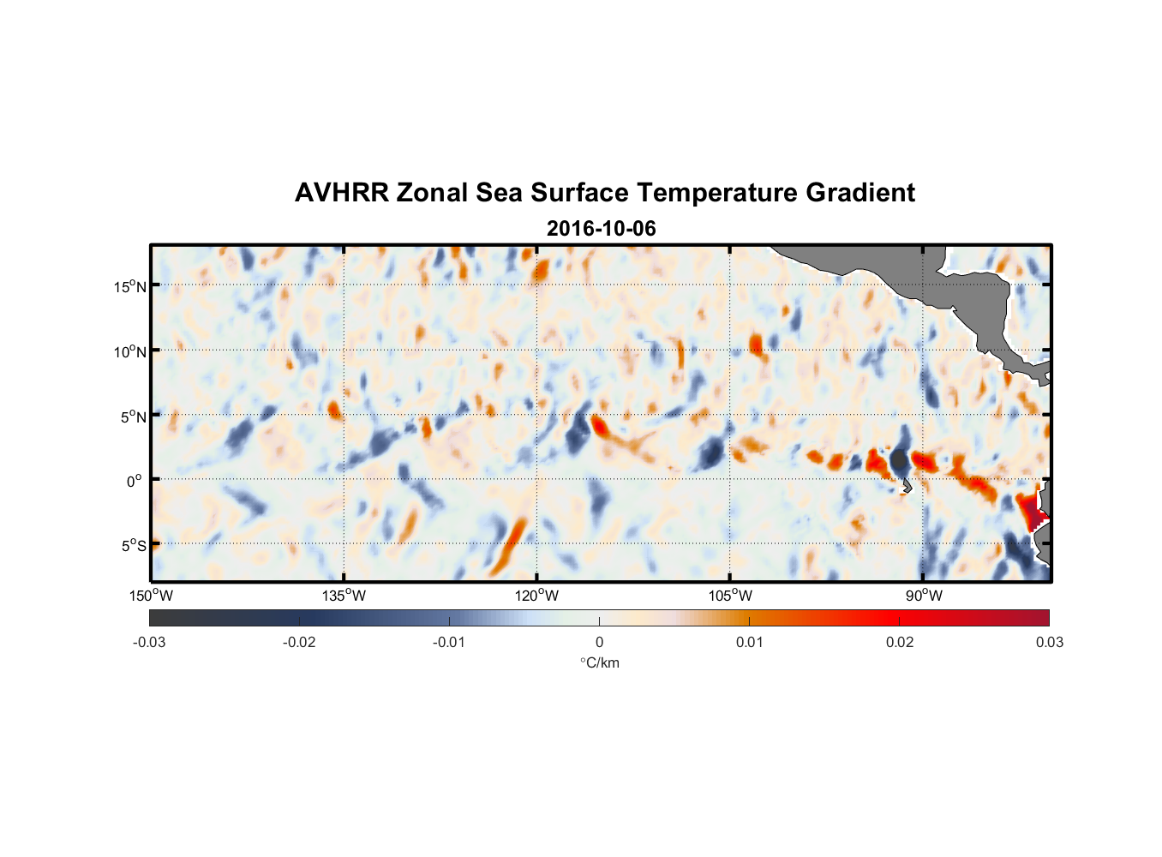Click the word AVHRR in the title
pyautogui.click(x=341, y=193)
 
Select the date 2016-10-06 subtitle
pyautogui.click(x=601, y=229)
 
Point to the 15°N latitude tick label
pyautogui.click(x=129, y=286)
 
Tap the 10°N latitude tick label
pyautogui.click(x=129, y=351)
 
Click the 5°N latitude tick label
pyautogui.click(x=133, y=417)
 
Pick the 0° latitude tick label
pyautogui.click(x=134, y=481)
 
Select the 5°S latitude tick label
pyautogui.click(x=133, y=546)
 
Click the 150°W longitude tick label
pyautogui.click(x=151, y=596)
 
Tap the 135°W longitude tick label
pyautogui.click(x=344, y=596)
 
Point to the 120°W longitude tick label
pyautogui.click(x=536, y=596)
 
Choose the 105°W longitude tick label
pyautogui.click(x=730, y=596)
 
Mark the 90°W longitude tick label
pyautogui.click(x=924, y=596)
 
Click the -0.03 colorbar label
pyautogui.click(x=149, y=642)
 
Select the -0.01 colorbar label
pyautogui.click(x=449, y=642)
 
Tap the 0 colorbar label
pyautogui.click(x=599, y=642)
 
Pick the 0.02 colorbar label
pyautogui.click(x=900, y=642)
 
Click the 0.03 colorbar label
pyautogui.click(x=1049, y=642)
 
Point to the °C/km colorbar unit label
pyautogui.click(x=599, y=662)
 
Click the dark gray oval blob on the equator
pyautogui.click(x=899, y=460)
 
